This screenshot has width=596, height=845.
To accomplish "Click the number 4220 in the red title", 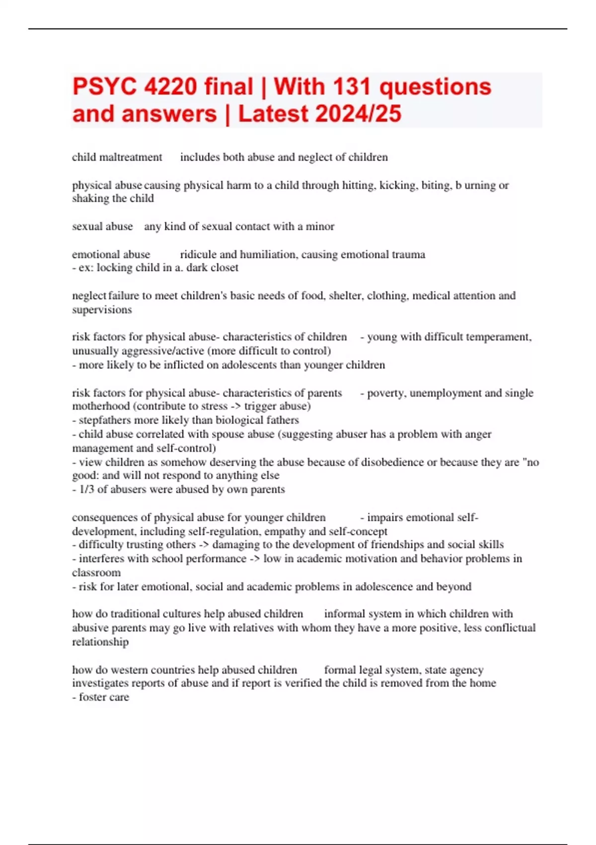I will [x=170, y=87].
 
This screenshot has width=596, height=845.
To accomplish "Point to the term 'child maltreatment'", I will [x=117, y=157].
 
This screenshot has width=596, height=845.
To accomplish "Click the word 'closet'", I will [x=224, y=268].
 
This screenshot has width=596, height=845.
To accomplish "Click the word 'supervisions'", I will [x=102, y=310].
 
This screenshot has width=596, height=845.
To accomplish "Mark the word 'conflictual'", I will [x=510, y=628].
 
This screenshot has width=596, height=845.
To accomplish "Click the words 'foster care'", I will [x=104, y=697].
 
